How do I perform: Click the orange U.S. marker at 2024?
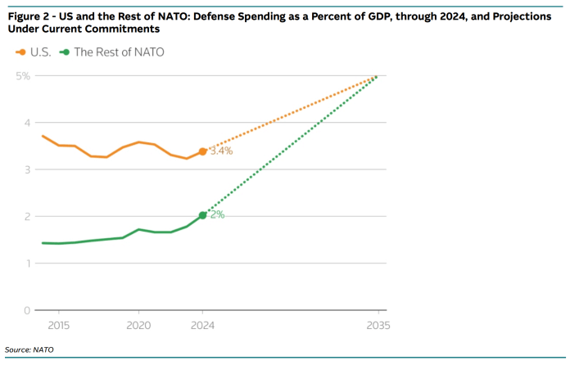click(202, 151)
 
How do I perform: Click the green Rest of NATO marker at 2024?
click(202, 215)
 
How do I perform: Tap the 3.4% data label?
click(221, 151)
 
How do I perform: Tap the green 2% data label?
click(217, 215)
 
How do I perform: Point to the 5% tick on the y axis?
click(22, 76)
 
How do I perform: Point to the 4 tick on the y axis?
click(26, 123)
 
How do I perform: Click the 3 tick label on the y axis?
click(26, 169)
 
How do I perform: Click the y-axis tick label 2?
click(26, 217)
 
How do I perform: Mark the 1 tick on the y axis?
click(26, 264)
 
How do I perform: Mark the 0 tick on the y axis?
click(26, 310)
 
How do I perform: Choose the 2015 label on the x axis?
click(58, 325)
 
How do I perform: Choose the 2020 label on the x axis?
click(138, 325)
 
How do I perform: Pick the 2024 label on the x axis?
click(202, 325)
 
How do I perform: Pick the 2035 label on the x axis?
click(378, 325)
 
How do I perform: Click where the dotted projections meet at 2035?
click(377, 76)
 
